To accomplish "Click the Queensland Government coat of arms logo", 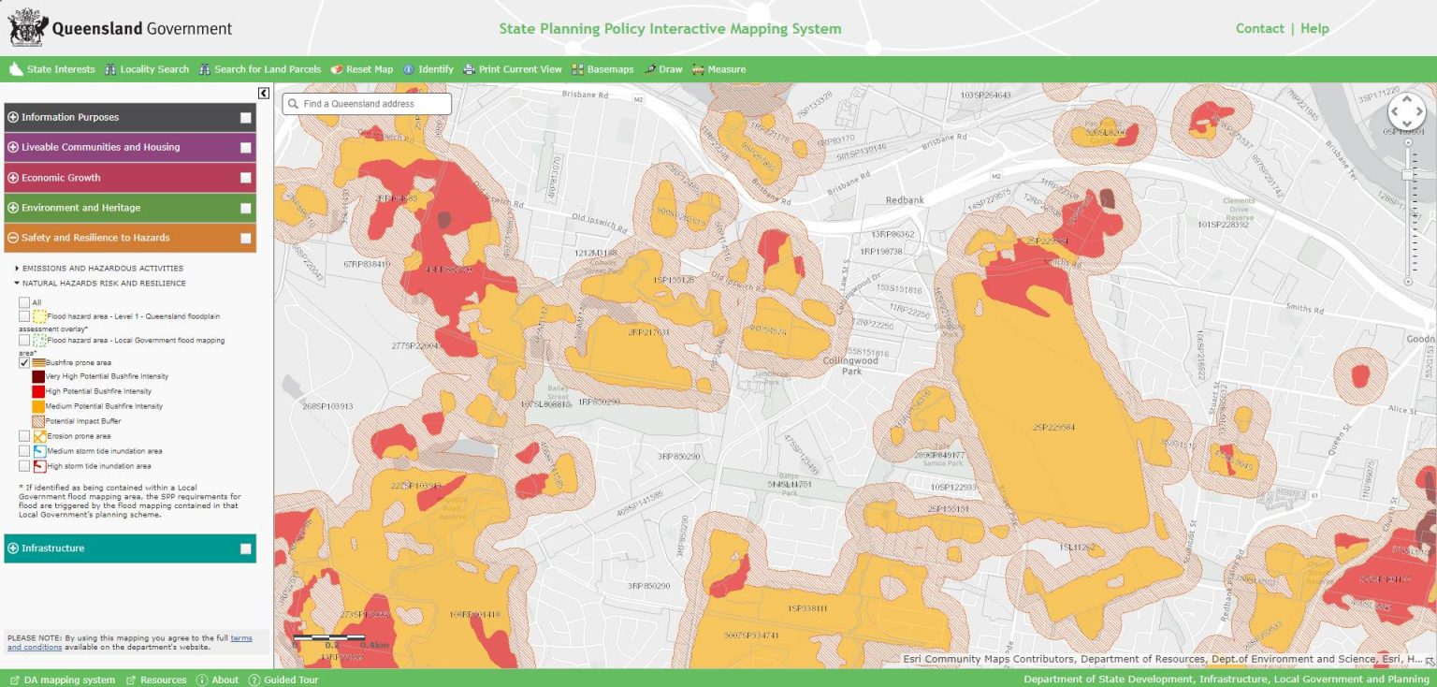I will pyautogui.click(x=27, y=27).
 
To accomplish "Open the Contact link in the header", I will pyautogui.click(x=1259, y=28).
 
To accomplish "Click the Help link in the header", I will pyautogui.click(x=1314, y=28).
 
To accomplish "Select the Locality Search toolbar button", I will pyautogui.click(x=147, y=69).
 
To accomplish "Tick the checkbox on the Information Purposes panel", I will pyautogui.click(x=245, y=118).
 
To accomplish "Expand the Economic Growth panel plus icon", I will pyautogui.click(x=13, y=178).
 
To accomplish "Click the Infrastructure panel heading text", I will pyautogui.click(x=52, y=548).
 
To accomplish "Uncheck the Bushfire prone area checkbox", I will pyautogui.click(x=24, y=362).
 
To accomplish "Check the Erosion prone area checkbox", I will pyautogui.click(x=24, y=436).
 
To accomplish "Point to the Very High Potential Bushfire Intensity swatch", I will pyautogui.click(x=38, y=376).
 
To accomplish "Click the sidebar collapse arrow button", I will pyautogui.click(x=264, y=93).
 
